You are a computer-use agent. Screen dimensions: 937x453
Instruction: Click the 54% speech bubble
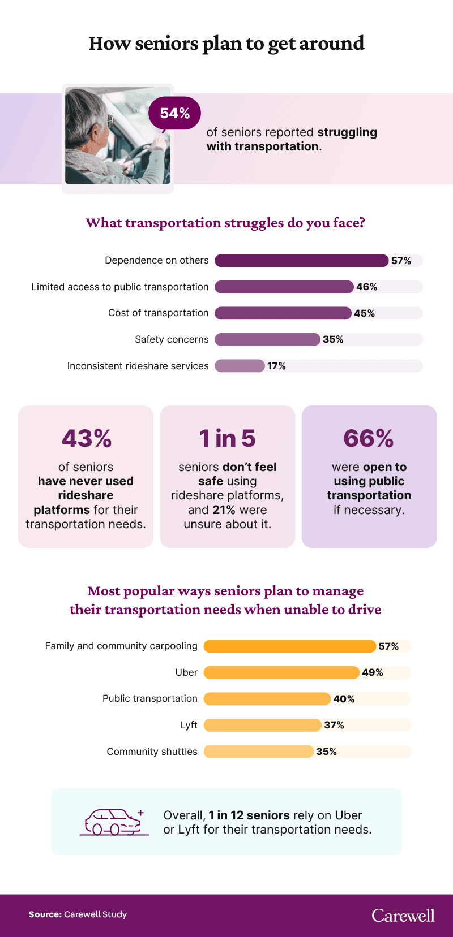pyautogui.click(x=174, y=113)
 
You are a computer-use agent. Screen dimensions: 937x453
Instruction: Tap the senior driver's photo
pyautogui.click(x=118, y=136)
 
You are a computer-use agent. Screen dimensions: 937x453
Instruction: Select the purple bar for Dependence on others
pyautogui.click(x=301, y=261)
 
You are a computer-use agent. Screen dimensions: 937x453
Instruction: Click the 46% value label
pyautogui.click(x=366, y=287)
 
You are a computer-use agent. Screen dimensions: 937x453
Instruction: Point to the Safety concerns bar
pyautogui.click(x=267, y=339)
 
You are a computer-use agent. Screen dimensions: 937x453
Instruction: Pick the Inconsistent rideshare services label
pyautogui.click(x=138, y=366)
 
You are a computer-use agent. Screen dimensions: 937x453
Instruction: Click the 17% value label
pyautogui.click(x=276, y=366)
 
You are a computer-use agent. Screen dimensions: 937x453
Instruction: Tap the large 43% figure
pyautogui.click(x=86, y=438)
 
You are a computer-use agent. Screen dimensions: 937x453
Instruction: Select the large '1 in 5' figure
pyautogui.click(x=227, y=438)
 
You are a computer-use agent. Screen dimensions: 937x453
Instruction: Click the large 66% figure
pyautogui.click(x=369, y=438)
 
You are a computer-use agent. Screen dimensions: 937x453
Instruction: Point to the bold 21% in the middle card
pyautogui.click(x=224, y=509)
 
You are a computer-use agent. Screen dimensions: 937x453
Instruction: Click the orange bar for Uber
pyautogui.click(x=281, y=672)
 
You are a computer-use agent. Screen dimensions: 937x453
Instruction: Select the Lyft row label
pyautogui.click(x=189, y=725)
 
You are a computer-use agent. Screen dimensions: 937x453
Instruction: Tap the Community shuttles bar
pyautogui.click(x=258, y=752)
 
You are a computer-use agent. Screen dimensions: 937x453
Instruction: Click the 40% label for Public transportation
pyautogui.click(x=344, y=699)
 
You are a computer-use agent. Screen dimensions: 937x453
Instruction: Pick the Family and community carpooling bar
pyautogui.click(x=289, y=646)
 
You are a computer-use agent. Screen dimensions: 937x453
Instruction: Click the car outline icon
pyautogui.click(x=114, y=822)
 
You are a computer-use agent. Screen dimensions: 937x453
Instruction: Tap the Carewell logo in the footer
pyautogui.click(x=403, y=916)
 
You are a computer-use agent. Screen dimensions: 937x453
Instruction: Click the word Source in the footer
pyautogui.click(x=45, y=914)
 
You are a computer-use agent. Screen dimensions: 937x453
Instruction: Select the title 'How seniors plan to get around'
pyautogui.click(x=226, y=44)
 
